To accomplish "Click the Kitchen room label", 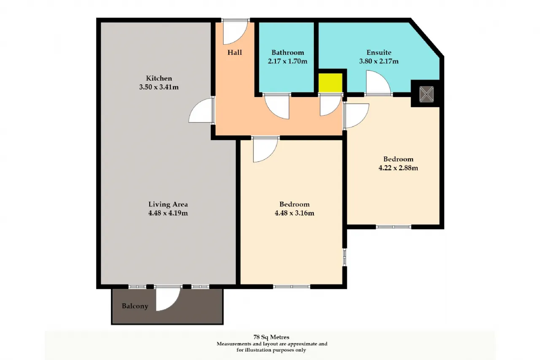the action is pos(159,78).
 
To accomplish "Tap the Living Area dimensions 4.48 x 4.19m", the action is pos(168,213).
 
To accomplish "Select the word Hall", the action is pos(235,53).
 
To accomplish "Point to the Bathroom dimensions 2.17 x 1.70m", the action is pos(287,61).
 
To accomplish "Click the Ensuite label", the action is pos(379,53).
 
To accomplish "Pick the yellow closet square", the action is pos(330,83).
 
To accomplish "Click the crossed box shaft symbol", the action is pos(427,94).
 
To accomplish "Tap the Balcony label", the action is pos(135,306).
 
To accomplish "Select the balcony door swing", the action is pos(168,299).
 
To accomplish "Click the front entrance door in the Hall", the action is pos(235,32).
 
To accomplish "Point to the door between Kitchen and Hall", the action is pos(202,111).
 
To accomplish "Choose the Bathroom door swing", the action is pos(277,107).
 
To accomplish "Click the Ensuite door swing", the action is pos(378,82).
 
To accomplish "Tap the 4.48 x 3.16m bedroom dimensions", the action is pos(294,213).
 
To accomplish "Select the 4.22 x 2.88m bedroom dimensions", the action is pos(398,168).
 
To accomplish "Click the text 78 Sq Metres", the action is pos(271,337).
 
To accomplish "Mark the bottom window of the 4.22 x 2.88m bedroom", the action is pos(394,227).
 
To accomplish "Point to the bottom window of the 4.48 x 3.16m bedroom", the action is pos(292,287).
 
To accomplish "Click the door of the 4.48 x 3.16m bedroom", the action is pos(265,150).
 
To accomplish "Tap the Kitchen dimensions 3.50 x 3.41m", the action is pos(159,87).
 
